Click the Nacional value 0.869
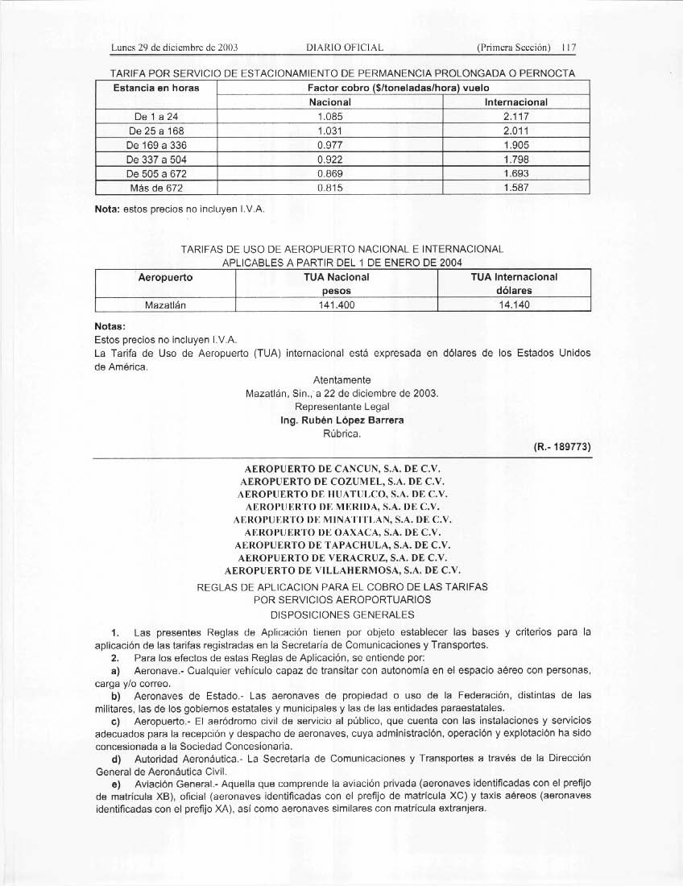pyautogui.click(x=330, y=173)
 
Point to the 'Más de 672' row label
pyautogui.click(x=157, y=188)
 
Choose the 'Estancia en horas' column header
pyautogui.click(x=157, y=87)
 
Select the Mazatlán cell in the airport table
pyautogui.click(x=165, y=305)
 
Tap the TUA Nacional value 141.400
pyautogui.click(x=336, y=305)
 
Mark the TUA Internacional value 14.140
pyautogui.click(x=514, y=305)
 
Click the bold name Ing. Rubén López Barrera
pyautogui.click(x=341, y=420)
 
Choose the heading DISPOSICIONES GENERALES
pyautogui.click(x=341, y=614)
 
